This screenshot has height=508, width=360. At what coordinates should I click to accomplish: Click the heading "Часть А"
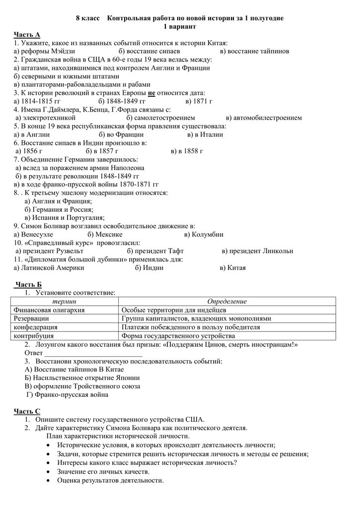[x=27, y=34]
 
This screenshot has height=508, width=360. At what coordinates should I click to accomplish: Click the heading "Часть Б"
[x=29, y=284]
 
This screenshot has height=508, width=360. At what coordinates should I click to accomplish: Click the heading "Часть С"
[x=28, y=411]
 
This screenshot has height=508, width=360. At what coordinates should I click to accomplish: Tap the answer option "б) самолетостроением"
[x=160, y=118]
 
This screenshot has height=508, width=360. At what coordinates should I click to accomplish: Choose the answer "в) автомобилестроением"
[x=263, y=118]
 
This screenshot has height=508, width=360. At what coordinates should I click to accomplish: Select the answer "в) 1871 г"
[x=199, y=101]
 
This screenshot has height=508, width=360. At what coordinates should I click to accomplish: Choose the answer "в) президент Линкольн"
[x=257, y=251]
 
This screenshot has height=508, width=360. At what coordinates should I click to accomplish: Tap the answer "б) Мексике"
[x=105, y=234]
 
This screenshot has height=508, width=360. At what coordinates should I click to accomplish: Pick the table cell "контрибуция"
[x=35, y=336]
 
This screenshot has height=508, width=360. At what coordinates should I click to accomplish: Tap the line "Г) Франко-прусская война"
[x=67, y=395]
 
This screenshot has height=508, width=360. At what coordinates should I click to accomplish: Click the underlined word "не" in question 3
[x=152, y=93]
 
